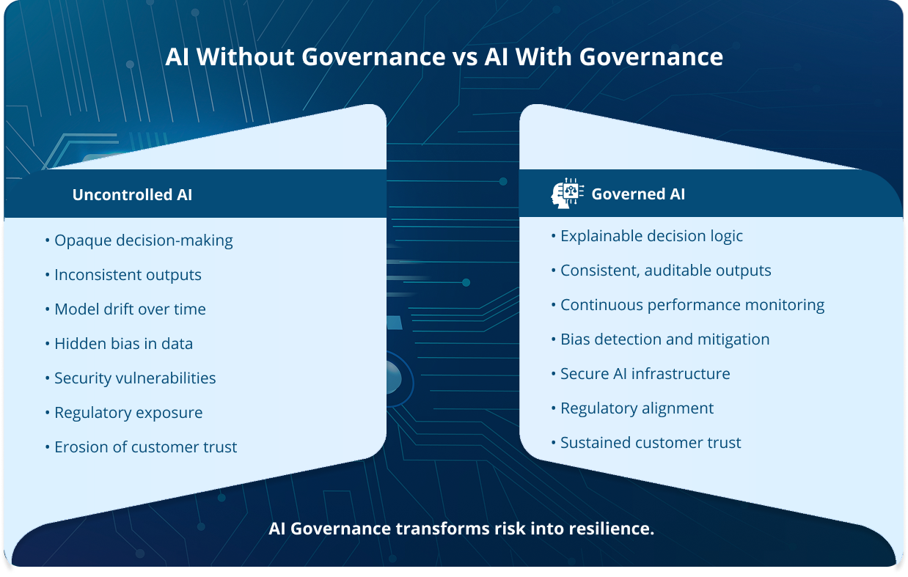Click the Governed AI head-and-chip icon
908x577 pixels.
click(x=568, y=194)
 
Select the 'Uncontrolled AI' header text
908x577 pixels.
click(x=132, y=195)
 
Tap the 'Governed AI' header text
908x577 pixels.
click(x=638, y=194)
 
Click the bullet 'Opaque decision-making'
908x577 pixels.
click(x=143, y=240)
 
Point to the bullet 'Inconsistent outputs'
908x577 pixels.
click(x=128, y=275)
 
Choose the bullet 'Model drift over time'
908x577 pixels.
click(x=130, y=309)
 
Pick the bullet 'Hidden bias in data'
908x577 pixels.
click(x=123, y=344)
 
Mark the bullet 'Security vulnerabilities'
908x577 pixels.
click(x=135, y=378)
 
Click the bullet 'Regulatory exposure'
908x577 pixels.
click(x=128, y=413)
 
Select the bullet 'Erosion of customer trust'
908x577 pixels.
click(x=145, y=447)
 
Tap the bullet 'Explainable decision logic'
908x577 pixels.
click(x=651, y=236)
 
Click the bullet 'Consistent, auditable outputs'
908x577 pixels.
click(x=665, y=271)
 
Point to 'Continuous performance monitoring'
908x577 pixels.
click(x=692, y=305)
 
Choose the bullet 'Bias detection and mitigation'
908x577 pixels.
click(x=664, y=339)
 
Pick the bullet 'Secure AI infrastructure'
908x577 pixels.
click(x=645, y=374)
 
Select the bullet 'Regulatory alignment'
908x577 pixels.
click(x=637, y=408)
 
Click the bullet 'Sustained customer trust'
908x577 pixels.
click(x=651, y=443)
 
